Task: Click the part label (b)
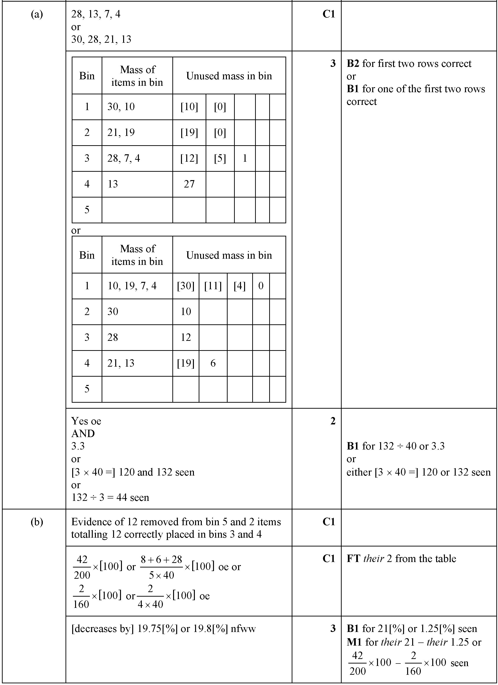tap(37, 522)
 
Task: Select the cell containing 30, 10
tap(121, 107)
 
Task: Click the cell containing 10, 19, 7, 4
tap(132, 286)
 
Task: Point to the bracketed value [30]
tap(186, 286)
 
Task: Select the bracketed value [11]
tap(213, 286)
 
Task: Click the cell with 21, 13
tap(121, 363)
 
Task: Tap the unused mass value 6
tap(213, 363)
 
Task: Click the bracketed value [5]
tap(220, 158)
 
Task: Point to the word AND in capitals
tap(83, 434)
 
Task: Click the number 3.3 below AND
tap(78, 446)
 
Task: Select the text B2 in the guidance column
tap(353, 64)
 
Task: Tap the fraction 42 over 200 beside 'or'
tap(82, 567)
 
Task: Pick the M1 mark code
tap(354, 642)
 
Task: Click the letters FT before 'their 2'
tap(353, 559)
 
